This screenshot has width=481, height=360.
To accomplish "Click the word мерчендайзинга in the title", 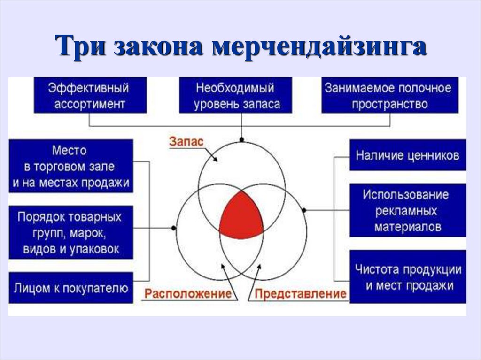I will (x=319, y=47).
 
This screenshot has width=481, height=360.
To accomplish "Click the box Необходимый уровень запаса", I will (x=235, y=95).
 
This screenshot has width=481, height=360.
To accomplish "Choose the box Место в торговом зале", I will (x=70, y=167).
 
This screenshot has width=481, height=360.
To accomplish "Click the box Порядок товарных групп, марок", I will (x=70, y=233).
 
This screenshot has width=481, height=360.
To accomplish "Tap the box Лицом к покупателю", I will (x=70, y=288).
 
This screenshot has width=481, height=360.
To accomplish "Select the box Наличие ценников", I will (x=407, y=155).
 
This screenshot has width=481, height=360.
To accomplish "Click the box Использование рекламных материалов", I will (x=407, y=211).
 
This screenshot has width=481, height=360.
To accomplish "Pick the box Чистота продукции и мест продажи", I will (x=407, y=277).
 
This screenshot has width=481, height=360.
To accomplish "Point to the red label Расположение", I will (x=188, y=294).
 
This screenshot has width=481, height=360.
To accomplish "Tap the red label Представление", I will (x=301, y=294).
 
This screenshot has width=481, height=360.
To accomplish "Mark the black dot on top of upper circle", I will (x=241, y=139).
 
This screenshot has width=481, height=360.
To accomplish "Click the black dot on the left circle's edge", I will (x=174, y=228).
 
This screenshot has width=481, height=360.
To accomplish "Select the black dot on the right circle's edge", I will (x=304, y=210).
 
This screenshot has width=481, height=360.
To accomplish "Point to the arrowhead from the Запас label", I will (x=216, y=161).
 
